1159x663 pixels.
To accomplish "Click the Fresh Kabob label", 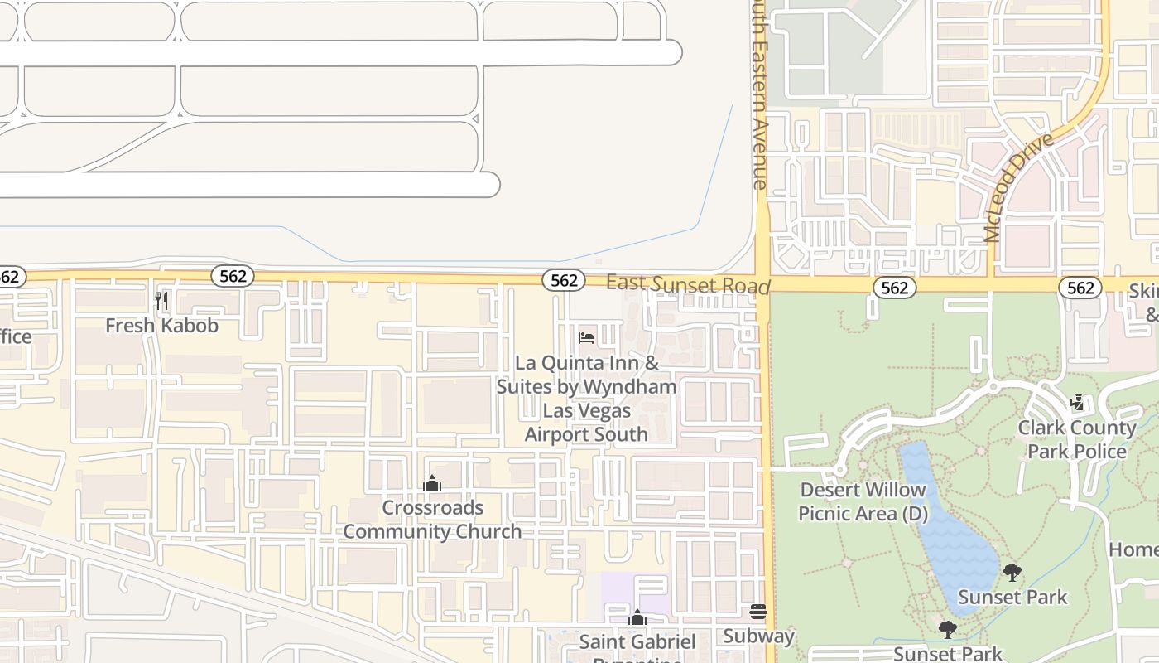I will click(161, 326).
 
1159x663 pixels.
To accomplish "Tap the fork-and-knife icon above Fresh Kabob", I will click(161, 300).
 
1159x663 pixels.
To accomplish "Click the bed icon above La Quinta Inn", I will click(586, 338).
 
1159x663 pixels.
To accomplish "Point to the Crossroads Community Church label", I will click(432, 519).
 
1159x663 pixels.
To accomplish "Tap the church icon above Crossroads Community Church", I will click(432, 483).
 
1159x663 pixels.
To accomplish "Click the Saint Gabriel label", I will click(637, 641).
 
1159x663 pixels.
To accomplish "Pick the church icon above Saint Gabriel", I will click(637, 617).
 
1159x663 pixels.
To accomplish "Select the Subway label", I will click(758, 636).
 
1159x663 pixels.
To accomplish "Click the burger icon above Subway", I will click(758, 612).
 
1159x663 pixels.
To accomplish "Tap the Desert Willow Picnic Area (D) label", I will click(862, 501).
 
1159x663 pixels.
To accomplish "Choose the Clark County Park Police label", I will click(1076, 439).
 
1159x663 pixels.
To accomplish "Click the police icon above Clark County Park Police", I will click(1076, 404).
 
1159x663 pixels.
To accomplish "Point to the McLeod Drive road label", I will click(1020, 186).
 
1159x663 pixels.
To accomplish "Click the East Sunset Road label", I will click(688, 284).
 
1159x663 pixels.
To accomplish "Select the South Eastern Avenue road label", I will click(759, 95).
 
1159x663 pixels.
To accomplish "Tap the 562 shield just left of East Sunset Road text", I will click(564, 280).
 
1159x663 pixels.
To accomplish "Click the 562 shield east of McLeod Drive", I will click(1080, 288).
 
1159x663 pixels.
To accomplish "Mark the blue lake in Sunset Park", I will click(952, 522).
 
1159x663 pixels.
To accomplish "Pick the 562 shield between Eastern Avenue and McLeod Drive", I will click(895, 288).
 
